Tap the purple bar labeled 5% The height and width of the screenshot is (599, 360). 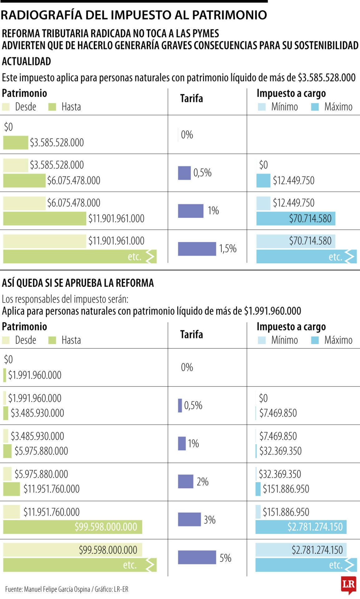click(197, 557)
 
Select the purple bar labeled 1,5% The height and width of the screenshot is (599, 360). click(197, 249)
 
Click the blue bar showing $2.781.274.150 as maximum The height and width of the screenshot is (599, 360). click(300, 527)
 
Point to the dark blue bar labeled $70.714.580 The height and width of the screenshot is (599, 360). click(295, 218)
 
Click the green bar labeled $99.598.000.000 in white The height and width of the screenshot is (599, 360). click(72, 527)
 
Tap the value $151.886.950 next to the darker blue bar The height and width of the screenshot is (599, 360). click(286, 489)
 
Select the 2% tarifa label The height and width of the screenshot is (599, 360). click(202, 482)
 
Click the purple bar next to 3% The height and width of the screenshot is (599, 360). click(189, 519)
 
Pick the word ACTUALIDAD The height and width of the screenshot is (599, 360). click(27, 61)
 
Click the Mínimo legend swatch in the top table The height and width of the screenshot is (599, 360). click(262, 107)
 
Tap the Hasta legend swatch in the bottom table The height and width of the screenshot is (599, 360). click(52, 340)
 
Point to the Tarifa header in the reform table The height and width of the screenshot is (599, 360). click(192, 334)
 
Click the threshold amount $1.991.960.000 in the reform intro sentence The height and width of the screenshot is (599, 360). click(272, 311)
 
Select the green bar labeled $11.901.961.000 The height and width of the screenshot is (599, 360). click(44, 218)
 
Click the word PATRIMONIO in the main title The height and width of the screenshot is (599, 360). click(229, 15)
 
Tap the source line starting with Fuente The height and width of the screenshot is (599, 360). click(66, 589)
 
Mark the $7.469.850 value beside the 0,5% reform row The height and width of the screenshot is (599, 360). click(278, 413)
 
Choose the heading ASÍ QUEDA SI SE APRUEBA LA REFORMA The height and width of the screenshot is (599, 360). click(78, 283)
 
